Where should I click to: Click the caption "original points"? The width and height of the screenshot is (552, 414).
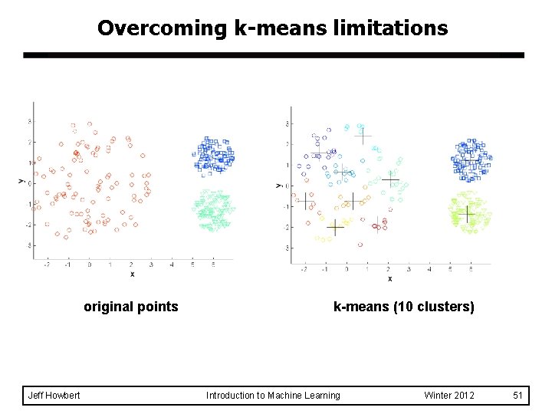[x=131, y=307]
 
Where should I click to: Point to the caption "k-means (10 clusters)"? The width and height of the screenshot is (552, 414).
[x=404, y=307]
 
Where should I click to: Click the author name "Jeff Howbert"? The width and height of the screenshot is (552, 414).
[x=54, y=396]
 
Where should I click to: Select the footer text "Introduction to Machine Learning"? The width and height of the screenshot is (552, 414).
[x=273, y=396]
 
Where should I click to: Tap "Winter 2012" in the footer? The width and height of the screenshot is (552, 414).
[x=449, y=396]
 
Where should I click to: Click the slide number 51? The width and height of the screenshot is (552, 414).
[x=517, y=396]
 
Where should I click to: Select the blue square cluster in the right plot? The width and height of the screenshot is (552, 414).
[x=471, y=159]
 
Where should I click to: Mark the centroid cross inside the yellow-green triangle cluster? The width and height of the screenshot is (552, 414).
[x=466, y=213]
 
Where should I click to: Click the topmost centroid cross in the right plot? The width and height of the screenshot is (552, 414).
[x=362, y=136]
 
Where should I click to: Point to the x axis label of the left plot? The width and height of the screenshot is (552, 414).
[x=132, y=274]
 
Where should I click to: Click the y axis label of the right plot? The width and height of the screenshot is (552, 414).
[x=278, y=185]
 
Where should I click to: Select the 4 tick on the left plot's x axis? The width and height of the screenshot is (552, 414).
[x=172, y=264]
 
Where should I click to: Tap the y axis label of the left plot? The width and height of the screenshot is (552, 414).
[x=20, y=181]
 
